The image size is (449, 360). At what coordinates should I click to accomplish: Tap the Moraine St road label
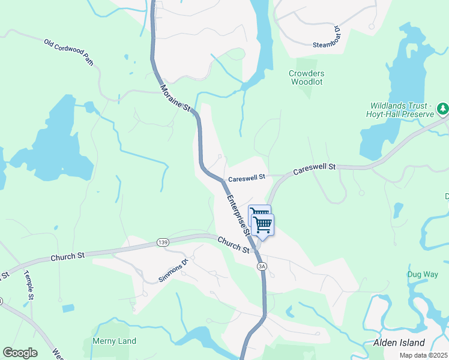coord(175,97)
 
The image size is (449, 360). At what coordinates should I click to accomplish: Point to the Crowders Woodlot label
coord(306,77)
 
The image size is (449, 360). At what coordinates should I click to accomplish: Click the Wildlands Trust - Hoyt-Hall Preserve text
coord(400,109)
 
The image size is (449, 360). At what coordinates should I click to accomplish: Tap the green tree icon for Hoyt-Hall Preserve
coord(442,109)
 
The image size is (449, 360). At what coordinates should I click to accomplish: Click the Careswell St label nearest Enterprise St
coord(246,178)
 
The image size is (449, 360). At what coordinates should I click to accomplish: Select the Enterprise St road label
coord(238,214)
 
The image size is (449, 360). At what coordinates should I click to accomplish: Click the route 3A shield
coord(261,266)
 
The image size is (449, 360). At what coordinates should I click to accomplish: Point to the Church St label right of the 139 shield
coord(234,244)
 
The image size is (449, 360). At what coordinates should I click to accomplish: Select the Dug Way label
coord(423,274)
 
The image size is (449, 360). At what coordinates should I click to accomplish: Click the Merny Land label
coord(114,341)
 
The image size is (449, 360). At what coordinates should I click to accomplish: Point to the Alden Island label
coord(399,343)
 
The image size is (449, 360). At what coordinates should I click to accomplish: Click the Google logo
coord(20,353)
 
